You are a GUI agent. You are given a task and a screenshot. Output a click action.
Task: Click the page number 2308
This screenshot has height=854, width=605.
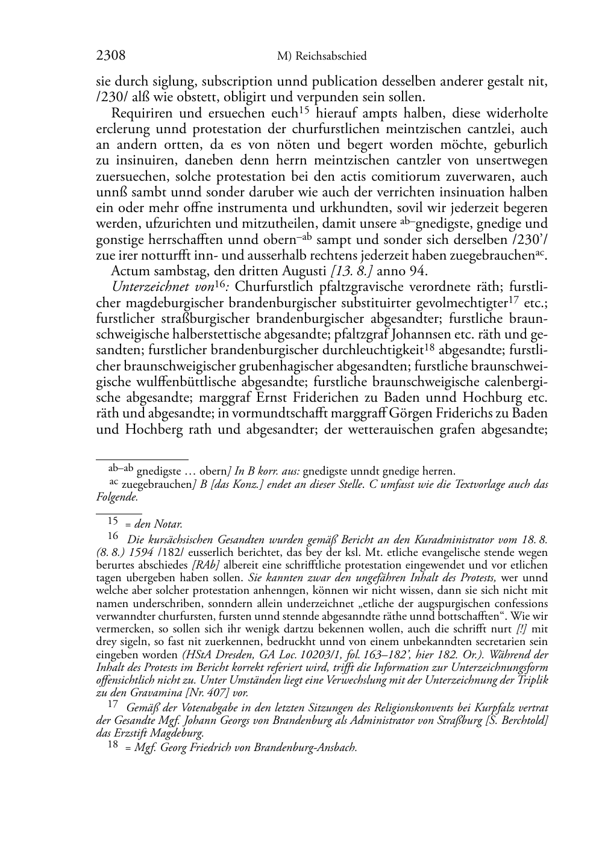(111, 56)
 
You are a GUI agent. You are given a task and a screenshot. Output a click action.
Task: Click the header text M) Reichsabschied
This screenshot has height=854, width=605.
(322, 57)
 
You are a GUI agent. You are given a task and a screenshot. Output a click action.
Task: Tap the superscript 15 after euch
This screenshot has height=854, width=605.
(304, 110)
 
